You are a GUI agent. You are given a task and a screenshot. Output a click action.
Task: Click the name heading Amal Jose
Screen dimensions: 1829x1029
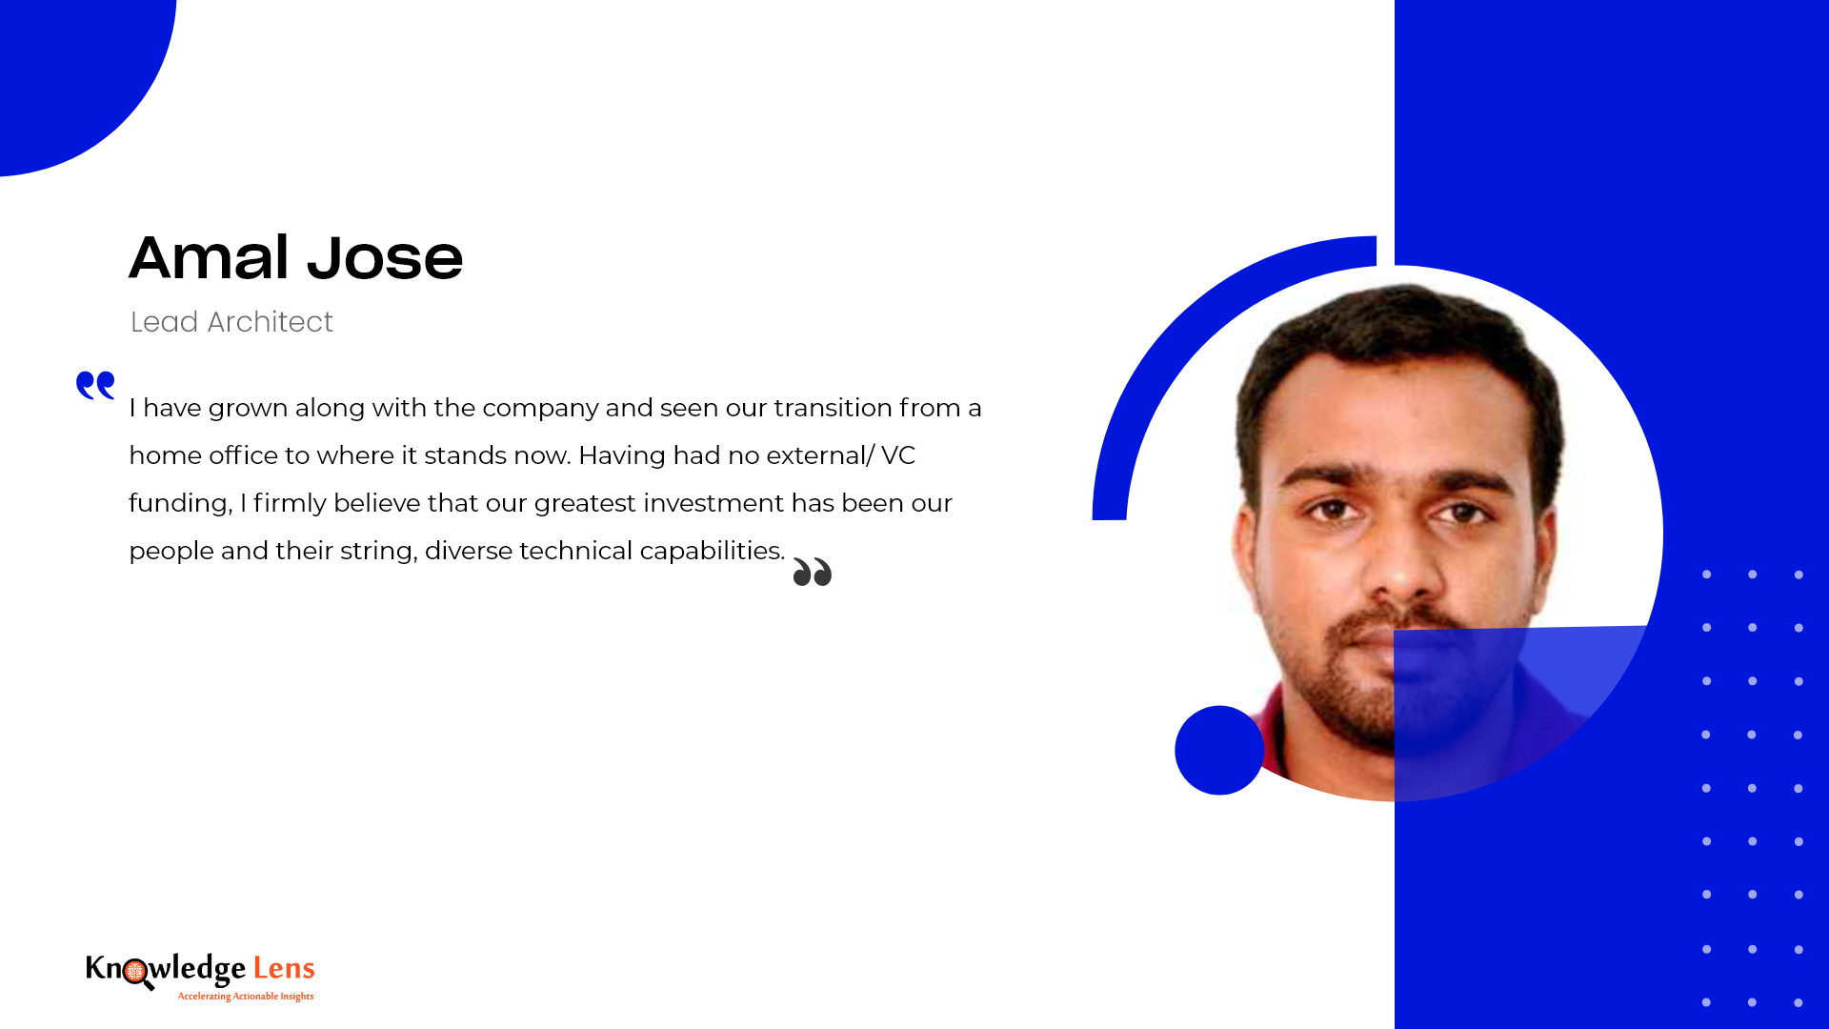[295, 258]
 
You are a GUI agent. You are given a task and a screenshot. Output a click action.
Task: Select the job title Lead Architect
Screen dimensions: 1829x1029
[231, 322]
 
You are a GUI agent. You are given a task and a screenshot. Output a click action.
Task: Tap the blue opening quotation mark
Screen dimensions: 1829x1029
[95, 385]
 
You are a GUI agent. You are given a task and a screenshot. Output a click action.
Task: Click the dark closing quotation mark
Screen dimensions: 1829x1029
[813, 572]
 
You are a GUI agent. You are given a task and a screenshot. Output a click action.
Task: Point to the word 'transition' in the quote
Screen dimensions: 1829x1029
[834, 408]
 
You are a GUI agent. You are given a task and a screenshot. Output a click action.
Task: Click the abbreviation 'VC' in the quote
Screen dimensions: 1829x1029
[898, 455]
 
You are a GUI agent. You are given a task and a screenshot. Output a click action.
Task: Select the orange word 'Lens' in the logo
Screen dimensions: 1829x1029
[284, 969]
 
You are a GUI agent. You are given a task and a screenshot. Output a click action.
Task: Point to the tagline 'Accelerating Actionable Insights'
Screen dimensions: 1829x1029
[246, 997]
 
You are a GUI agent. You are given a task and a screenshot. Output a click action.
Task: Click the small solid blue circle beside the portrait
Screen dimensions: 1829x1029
[1219, 750]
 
